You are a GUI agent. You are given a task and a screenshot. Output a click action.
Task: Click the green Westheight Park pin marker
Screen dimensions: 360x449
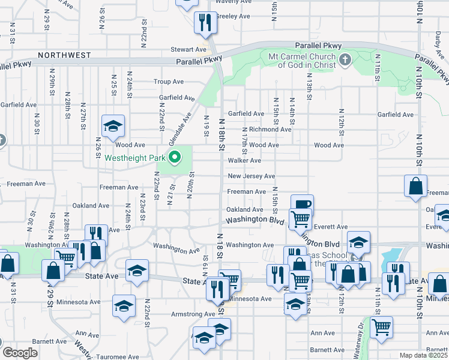[175, 158]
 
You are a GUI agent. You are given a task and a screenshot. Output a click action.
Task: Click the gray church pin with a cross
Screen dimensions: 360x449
[345, 59]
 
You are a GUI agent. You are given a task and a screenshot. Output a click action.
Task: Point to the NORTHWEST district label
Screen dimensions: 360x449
[64, 55]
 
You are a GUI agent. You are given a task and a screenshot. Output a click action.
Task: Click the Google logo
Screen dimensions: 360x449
[20, 353]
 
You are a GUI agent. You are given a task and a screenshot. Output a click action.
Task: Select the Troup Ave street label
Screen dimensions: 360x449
[169, 82]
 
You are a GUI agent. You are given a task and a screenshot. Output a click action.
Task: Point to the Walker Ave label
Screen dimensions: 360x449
[244, 161]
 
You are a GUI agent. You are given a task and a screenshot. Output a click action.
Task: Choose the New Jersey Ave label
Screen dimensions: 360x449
[251, 176]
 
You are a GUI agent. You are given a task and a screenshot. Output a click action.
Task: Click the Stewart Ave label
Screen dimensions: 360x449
[188, 50]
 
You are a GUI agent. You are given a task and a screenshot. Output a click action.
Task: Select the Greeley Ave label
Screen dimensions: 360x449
[232, 16]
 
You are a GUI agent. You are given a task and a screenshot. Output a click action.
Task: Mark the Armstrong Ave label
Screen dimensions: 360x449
[193, 314]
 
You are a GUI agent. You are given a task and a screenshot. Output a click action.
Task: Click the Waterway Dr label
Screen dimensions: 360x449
[361, 333]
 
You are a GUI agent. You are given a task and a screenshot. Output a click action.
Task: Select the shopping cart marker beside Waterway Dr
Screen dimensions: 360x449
[381, 328]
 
